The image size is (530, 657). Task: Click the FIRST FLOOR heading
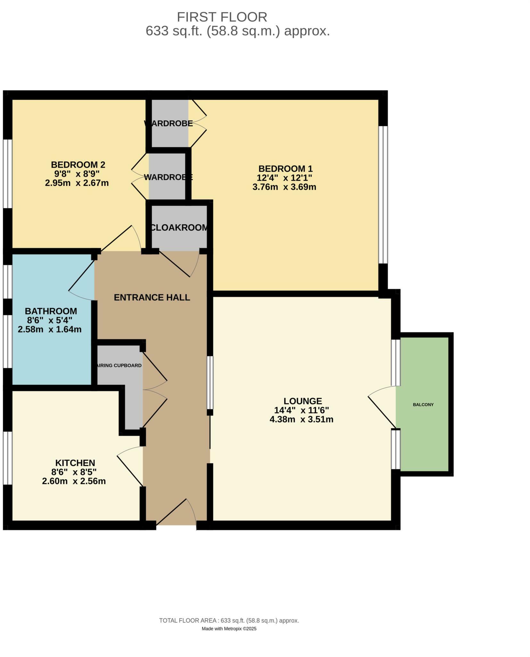(x=222, y=17)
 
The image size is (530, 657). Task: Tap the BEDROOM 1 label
(x=285, y=168)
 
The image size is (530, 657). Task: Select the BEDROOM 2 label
(x=78, y=165)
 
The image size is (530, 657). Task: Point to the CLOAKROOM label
(x=179, y=227)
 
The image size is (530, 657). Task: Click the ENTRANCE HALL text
(x=152, y=297)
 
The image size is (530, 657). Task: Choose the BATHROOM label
(x=51, y=311)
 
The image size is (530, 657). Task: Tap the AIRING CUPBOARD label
(x=119, y=365)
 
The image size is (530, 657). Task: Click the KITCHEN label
(x=75, y=463)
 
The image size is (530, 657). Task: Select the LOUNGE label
(x=302, y=401)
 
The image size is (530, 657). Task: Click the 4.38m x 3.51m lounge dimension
(x=301, y=419)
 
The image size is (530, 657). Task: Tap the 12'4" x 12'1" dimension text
(x=284, y=178)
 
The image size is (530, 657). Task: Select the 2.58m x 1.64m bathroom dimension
(x=50, y=329)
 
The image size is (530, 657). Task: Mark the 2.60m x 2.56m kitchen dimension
(x=74, y=481)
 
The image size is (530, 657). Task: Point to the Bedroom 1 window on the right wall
(x=383, y=194)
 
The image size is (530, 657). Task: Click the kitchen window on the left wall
(x=7, y=458)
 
